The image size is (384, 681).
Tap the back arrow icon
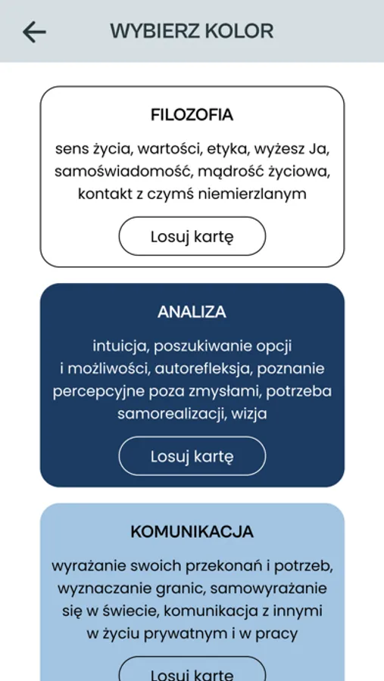[34, 32]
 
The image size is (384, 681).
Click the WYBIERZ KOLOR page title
[192, 32]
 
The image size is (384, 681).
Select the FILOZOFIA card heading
[192, 116]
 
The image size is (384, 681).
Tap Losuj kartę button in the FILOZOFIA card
[192, 237]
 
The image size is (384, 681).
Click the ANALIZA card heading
[192, 312]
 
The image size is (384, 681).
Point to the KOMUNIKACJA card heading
[192, 531]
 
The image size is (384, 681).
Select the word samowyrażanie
[268, 588]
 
